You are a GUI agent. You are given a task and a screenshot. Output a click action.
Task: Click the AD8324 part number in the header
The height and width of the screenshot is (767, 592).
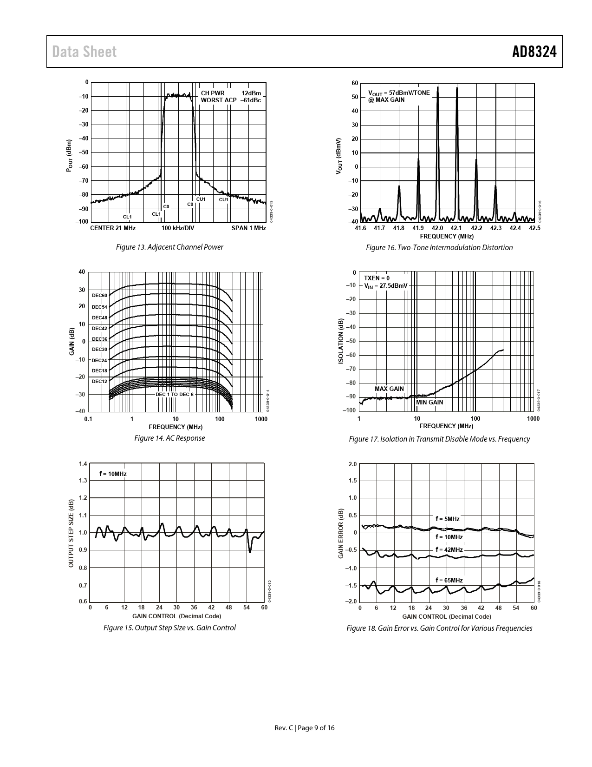[534, 52]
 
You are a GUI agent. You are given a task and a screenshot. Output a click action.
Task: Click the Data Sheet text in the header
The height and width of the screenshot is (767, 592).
[85, 52]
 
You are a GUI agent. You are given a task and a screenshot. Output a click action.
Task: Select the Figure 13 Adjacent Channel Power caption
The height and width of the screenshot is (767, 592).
[169, 247]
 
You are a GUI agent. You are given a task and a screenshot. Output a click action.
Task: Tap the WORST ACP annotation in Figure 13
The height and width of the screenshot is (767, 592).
[218, 100]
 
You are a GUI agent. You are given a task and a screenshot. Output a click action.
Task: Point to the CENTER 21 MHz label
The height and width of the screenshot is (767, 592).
[113, 228]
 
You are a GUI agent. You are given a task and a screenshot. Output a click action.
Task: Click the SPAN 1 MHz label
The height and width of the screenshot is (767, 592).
[249, 228]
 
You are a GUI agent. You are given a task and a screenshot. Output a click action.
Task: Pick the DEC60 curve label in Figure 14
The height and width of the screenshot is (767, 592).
[99, 296]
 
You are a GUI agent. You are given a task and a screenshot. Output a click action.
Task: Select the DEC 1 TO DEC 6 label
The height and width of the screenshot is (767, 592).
[175, 395]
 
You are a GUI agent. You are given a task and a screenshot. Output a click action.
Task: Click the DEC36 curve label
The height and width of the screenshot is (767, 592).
[99, 339]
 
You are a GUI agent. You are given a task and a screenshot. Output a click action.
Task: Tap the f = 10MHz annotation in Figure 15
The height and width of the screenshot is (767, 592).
[113, 474]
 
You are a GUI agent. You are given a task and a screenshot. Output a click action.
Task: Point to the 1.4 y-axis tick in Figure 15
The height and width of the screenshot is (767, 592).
[83, 464]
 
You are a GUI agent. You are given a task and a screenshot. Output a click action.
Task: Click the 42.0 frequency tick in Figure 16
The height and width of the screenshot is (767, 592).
[437, 228]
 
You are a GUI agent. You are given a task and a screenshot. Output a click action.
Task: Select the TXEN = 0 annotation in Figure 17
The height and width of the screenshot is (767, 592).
[377, 278]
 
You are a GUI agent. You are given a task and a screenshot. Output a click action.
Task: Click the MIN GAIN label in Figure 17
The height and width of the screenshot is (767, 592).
[429, 403]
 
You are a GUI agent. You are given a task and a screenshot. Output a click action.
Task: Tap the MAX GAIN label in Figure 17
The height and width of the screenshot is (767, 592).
[389, 389]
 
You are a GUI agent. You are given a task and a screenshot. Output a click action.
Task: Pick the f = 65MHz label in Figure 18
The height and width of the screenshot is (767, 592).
[449, 580]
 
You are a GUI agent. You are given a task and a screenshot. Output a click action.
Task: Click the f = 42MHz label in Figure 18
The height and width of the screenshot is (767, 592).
[449, 550]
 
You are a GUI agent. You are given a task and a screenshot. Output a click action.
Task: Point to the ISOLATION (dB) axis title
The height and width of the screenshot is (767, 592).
[341, 341]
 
